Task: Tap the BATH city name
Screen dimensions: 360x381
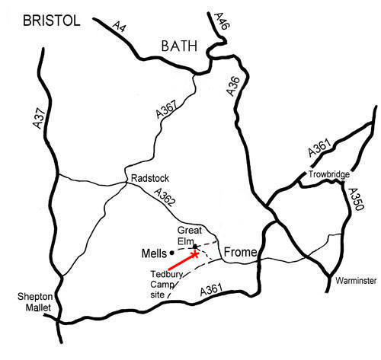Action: pyautogui.click(x=180, y=46)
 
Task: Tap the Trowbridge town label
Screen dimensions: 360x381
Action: pyautogui.click(x=329, y=175)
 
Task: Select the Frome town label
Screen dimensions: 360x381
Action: pyautogui.click(x=241, y=252)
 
